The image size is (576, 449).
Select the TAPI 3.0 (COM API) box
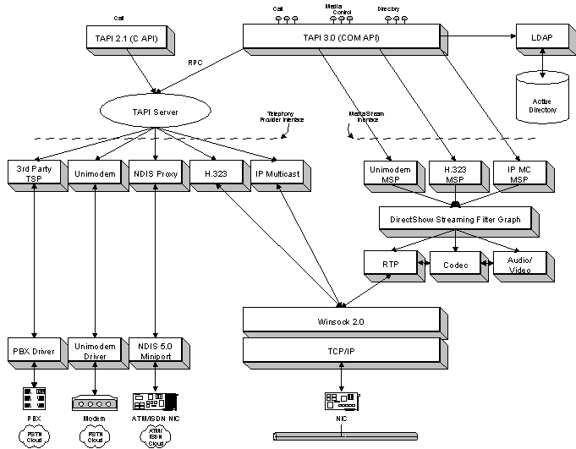click(340, 36)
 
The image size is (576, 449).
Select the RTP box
click(391, 264)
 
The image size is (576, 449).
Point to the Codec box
click(455, 264)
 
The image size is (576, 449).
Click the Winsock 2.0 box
click(340, 320)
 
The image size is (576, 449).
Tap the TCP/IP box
click(340, 348)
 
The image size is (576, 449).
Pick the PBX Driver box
click(33, 349)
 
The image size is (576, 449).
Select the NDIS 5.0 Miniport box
click(154, 349)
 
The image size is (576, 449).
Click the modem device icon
click(94, 402)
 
